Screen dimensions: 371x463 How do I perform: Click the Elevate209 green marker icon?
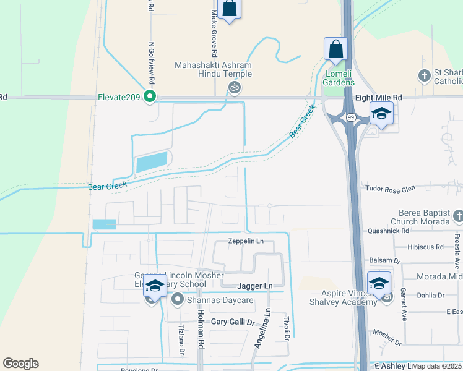[x=149, y=96]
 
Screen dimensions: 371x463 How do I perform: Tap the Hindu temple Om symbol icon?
[x=234, y=88]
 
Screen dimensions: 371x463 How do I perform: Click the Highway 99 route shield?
[x=351, y=117]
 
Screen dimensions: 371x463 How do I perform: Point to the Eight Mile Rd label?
[x=378, y=98]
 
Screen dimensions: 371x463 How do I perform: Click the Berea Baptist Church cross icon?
[x=457, y=216]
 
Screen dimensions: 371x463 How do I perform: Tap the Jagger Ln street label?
[x=254, y=286]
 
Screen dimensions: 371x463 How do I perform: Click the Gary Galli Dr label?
[x=233, y=322]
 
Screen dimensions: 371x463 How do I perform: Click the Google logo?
[x=20, y=364]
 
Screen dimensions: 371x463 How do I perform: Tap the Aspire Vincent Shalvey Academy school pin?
[x=379, y=284]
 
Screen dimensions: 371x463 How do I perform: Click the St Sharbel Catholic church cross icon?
[x=425, y=76]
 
